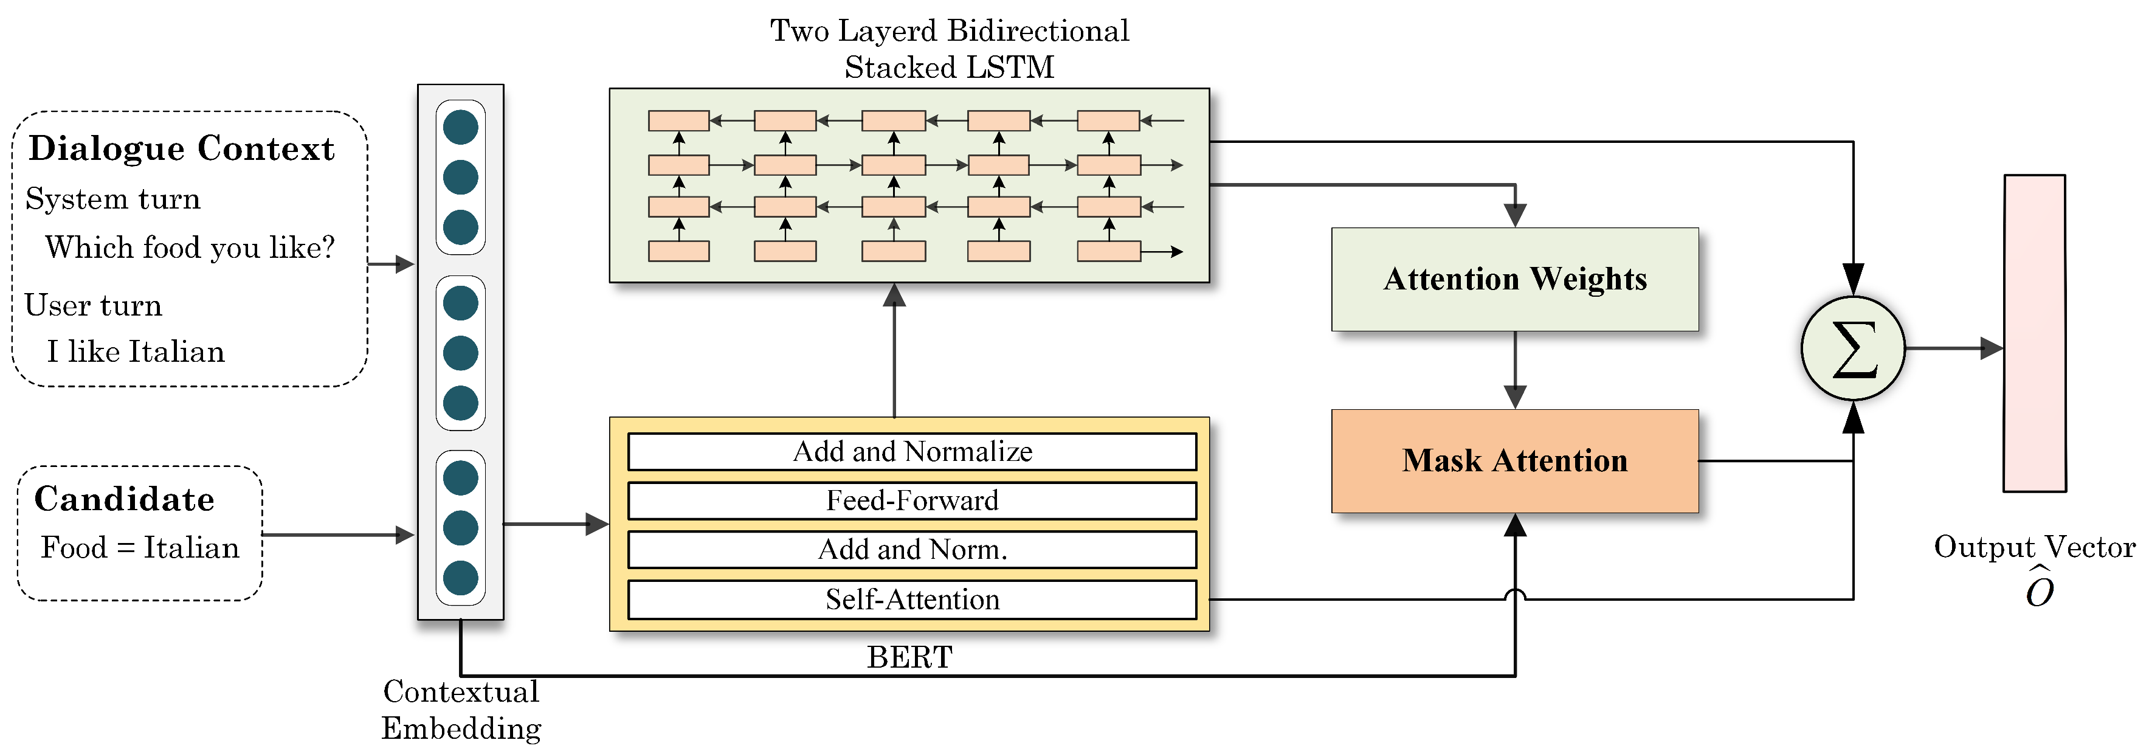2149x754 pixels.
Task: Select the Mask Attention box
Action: point(1514,460)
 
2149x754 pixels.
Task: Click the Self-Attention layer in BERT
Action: point(912,600)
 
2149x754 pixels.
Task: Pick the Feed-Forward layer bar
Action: point(912,500)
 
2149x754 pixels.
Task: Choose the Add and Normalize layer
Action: point(912,451)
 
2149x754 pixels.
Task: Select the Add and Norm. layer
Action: point(912,550)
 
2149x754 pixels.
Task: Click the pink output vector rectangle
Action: point(2034,334)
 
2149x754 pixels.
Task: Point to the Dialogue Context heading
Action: point(182,148)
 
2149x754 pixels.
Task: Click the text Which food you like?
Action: point(190,247)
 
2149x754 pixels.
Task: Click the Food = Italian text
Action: point(140,548)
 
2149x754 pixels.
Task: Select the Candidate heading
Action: point(124,499)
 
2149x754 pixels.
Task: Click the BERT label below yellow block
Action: point(909,657)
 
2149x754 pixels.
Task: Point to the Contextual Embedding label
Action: point(461,710)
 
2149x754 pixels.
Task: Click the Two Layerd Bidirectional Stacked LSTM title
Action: point(950,49)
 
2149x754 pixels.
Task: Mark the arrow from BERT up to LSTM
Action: point(894,350)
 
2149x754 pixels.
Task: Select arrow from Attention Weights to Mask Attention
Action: point(1514,370)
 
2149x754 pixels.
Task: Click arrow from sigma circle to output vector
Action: point(1952,348)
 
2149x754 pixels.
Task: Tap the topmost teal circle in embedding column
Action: point(461,128)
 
